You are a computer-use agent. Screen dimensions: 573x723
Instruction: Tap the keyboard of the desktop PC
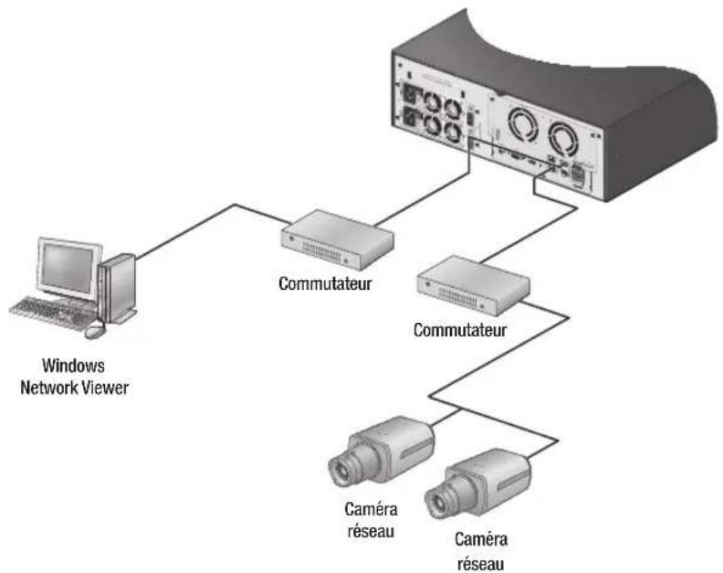50,307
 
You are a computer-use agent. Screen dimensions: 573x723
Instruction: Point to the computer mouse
92,331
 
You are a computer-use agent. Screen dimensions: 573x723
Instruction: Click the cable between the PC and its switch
209,216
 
